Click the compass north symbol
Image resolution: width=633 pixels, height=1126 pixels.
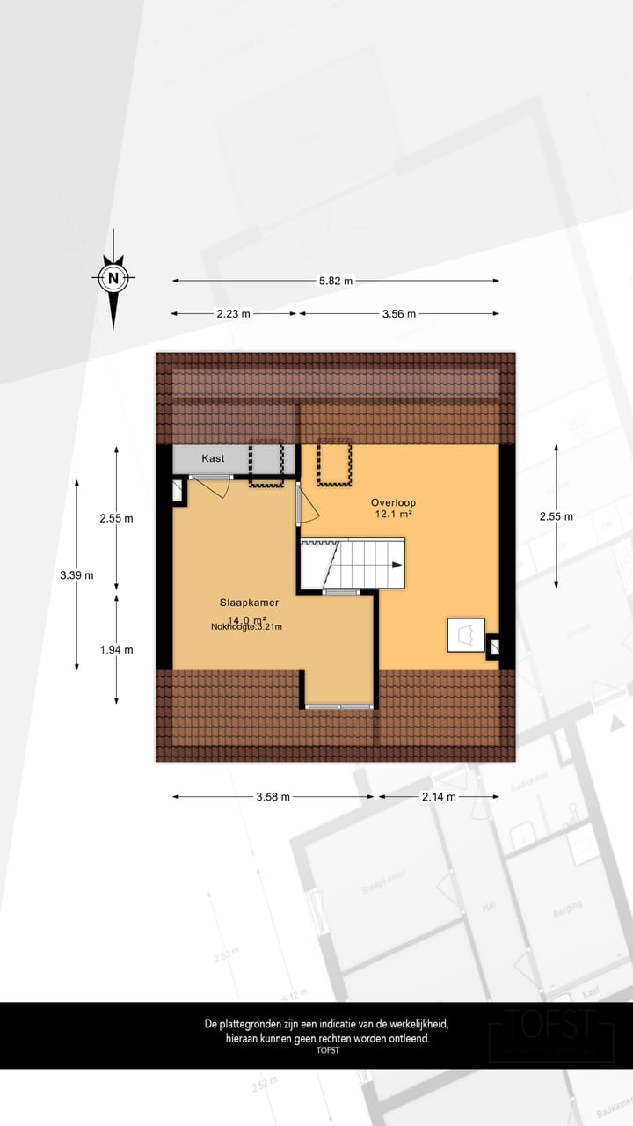pos(113,279)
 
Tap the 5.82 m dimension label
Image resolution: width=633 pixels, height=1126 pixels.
pos(335,281)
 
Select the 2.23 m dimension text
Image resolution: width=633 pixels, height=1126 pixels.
pos(234,313)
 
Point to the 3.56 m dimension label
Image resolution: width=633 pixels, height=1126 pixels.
pos(399,313)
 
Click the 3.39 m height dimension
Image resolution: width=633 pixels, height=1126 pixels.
pos(76,575)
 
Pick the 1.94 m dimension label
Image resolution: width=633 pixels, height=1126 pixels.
pos(116,650)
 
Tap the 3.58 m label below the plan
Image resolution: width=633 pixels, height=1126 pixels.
pos(273,797)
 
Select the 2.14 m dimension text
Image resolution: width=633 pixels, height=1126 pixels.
pos(439,797)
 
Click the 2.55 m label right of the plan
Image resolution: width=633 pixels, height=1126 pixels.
pos(556,516)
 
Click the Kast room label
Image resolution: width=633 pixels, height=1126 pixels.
pos(213,458)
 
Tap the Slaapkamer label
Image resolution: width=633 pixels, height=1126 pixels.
pos(249,603)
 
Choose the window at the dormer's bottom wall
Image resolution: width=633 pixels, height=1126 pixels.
pos(339,706)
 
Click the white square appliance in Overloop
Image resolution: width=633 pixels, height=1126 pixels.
pos(465,634)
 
